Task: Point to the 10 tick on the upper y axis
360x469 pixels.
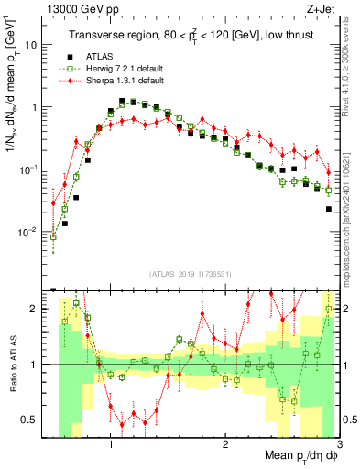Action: pyautogui.click(x=34, y=45)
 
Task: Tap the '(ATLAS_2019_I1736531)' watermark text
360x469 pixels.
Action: pyautogui.click(x=190, y=273)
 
